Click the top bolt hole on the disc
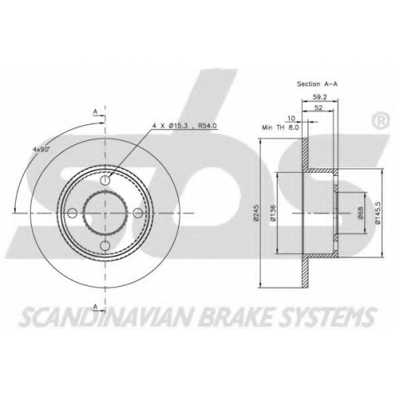(x=105, y=180)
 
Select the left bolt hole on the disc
(x=72, y=213)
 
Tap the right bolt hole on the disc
(x=138, y=213)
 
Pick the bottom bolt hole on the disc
(x=105, y=246)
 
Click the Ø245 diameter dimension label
(x=256, y=212)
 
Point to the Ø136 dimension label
(x=272, y=213)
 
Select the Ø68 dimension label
(x=361, y=213)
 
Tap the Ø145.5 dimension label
(x=378, y=213)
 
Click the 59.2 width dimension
(x=320, y=97)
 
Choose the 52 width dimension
(x=318, y=108)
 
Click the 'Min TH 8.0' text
(x=280, y=128)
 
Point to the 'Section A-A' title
(x=318, y=84)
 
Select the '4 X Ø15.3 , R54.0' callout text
(x=185, y=126)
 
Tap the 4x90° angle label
(x=41, y=149)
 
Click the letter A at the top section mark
(x=95, y=112)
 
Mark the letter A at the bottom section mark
(x=96, y=307)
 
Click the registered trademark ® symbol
(x=380, y=120)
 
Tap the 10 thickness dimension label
(x=291, y=118)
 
